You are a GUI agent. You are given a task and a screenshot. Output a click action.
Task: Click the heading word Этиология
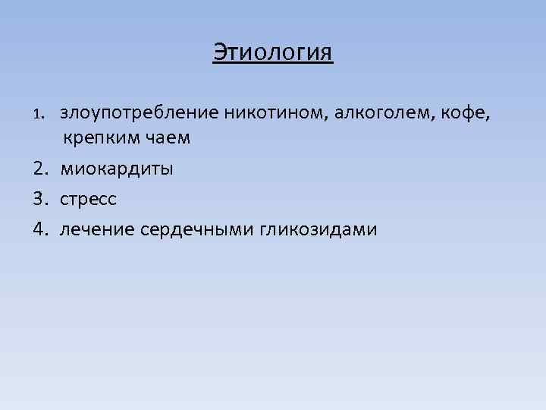(x=272, y=52)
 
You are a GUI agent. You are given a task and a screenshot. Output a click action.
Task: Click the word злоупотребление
(x=140, y=114)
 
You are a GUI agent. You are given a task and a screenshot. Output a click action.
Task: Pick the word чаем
(x=168, y=138)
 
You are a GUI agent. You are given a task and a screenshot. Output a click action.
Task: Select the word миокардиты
(x=117, y=169)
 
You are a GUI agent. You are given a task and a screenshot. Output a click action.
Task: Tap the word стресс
(x=89, y=199)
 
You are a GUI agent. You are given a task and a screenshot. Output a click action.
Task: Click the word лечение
(x=97, y=229)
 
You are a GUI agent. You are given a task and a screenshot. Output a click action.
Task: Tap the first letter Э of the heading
(x=219, y=52)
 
